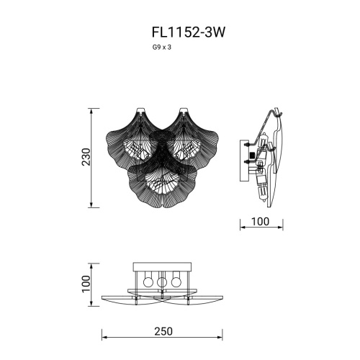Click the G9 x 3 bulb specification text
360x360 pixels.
click(162, 46)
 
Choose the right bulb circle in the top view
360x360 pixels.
click(177, 282)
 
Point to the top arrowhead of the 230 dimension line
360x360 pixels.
click(92, 111)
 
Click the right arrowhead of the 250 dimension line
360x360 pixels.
click(224, 338)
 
